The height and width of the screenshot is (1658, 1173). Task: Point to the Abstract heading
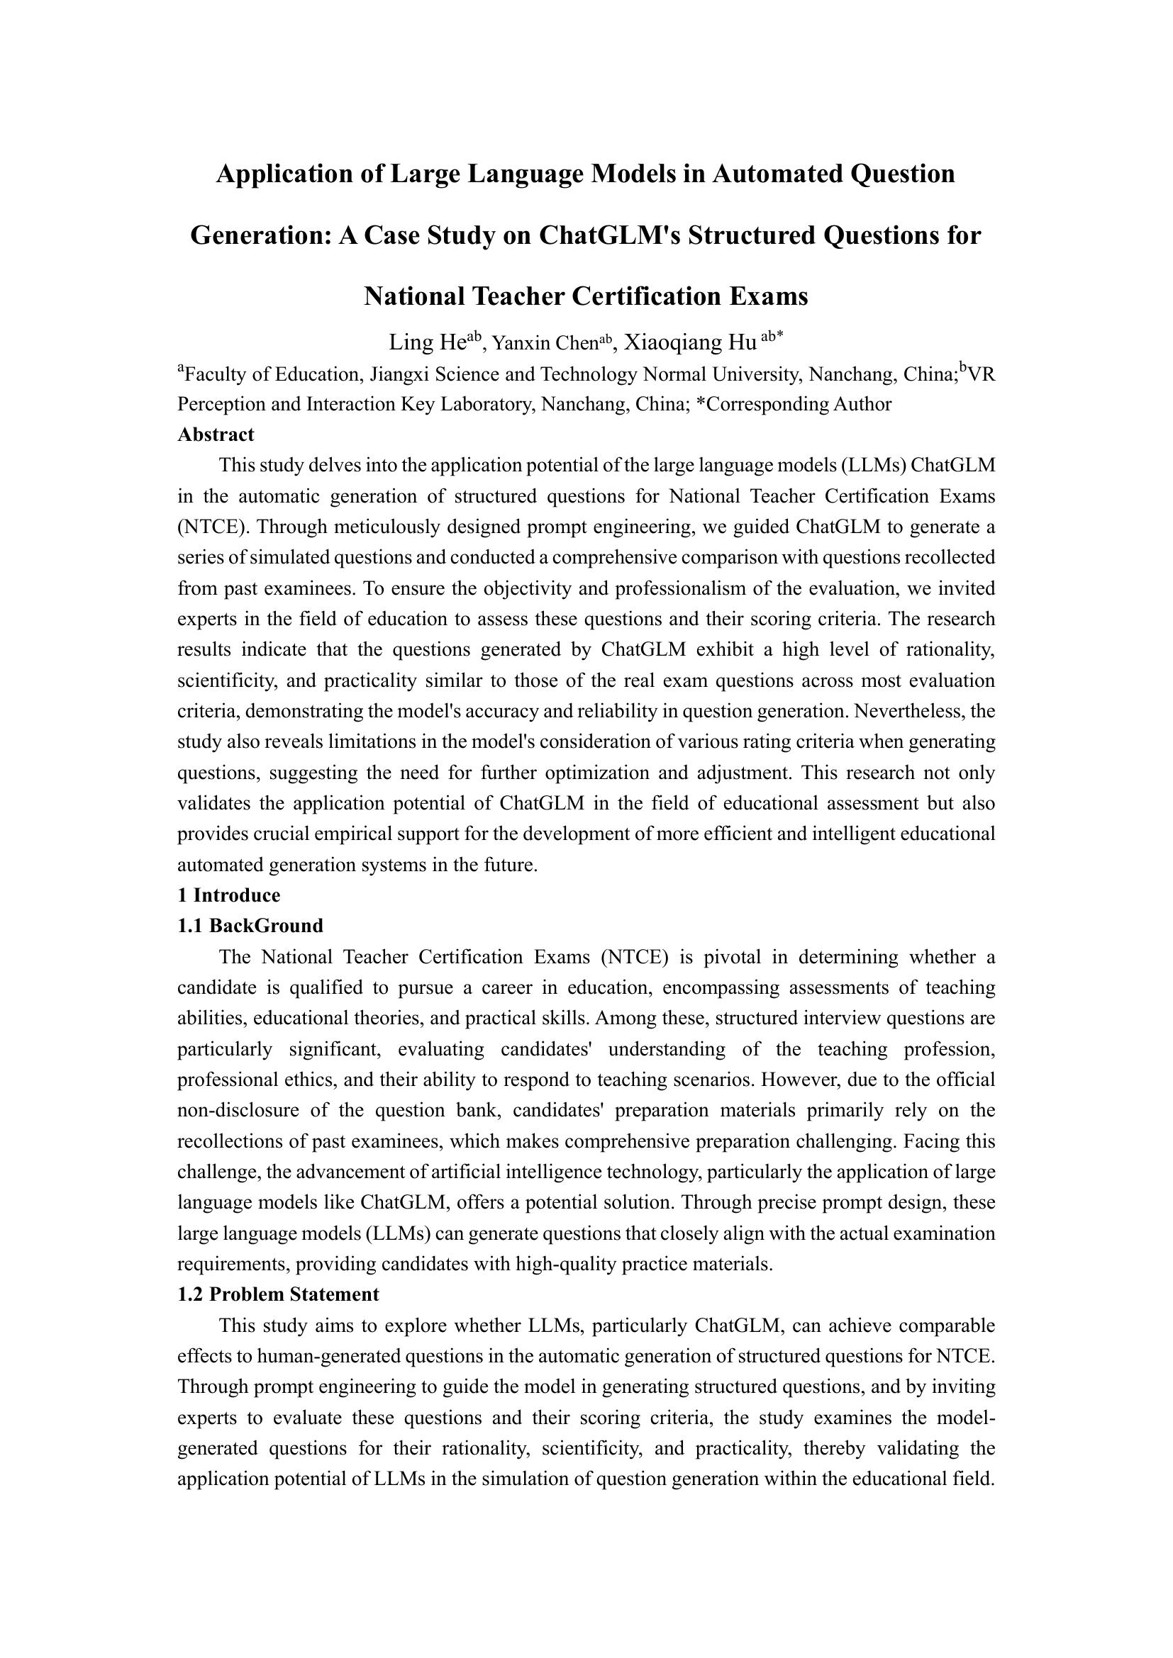(x=216, y=435)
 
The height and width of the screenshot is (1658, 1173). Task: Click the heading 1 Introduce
(x=228, y=895)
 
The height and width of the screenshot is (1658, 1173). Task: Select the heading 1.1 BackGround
(x=250, y=926)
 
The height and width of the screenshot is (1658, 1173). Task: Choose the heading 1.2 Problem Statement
(x=277, y=1295)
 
